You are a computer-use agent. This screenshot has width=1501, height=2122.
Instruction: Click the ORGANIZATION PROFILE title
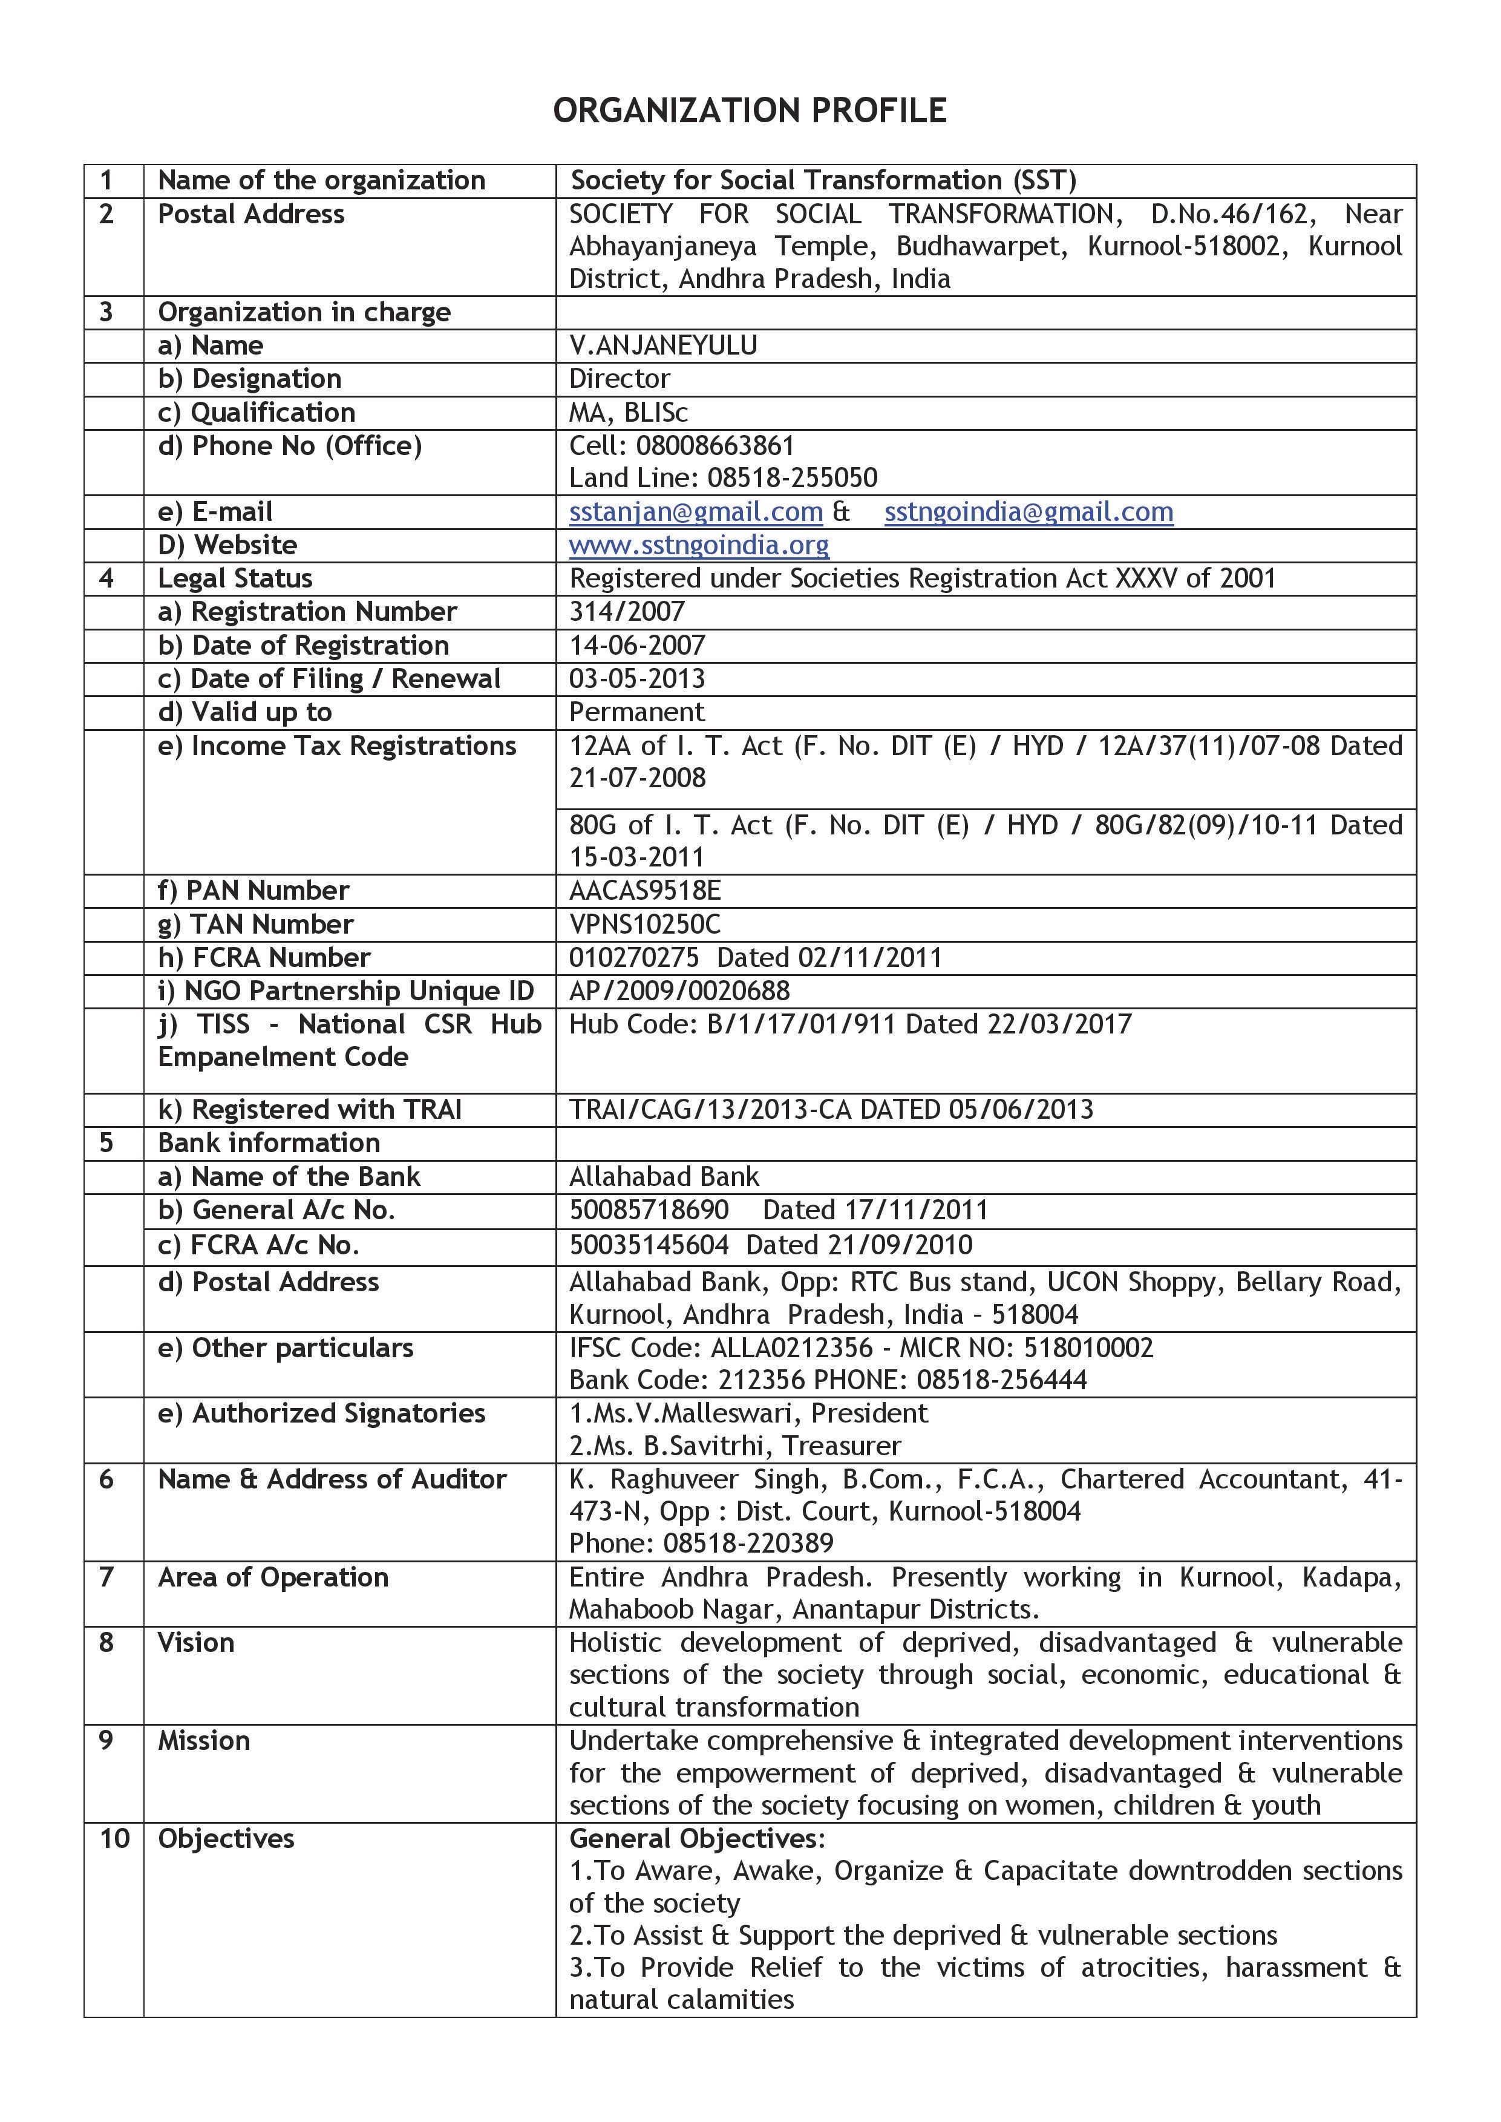[750, 111]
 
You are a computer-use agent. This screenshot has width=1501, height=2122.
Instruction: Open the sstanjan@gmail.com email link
[695, 512]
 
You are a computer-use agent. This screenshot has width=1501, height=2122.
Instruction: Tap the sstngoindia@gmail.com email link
[1028, 512]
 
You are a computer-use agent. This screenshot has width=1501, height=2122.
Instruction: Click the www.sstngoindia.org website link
[699, 545]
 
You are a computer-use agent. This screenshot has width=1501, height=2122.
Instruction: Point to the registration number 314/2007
[627, 612]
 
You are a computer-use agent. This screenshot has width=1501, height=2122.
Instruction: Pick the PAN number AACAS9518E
[644, 891]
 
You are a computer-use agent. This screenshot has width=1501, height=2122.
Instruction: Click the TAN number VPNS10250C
[644, 924]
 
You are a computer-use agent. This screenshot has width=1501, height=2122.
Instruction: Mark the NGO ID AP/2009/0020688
[679, 991]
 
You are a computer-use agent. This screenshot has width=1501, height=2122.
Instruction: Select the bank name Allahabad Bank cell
[664, 1176]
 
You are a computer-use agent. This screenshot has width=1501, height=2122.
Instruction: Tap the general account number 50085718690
[649, 1210]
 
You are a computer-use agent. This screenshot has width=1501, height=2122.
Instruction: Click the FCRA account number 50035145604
[649, 1245]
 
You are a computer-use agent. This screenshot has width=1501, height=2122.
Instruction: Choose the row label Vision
[196, 1642]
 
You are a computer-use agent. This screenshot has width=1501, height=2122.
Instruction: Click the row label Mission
[203, 1740]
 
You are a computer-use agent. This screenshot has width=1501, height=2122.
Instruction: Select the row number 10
[114, 1838]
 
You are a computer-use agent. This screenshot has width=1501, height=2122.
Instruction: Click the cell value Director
[620, 379]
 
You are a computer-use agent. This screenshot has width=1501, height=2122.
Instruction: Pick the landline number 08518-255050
[792, 478]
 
